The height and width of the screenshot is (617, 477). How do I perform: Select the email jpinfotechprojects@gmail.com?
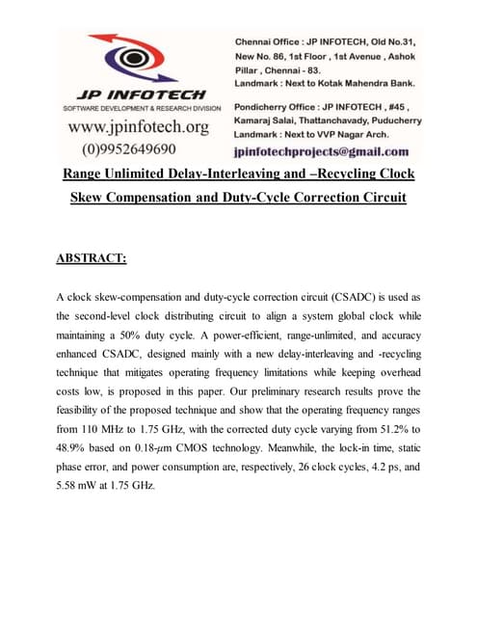[321, 151]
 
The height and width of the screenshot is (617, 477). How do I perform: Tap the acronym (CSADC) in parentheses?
[361, 299]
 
